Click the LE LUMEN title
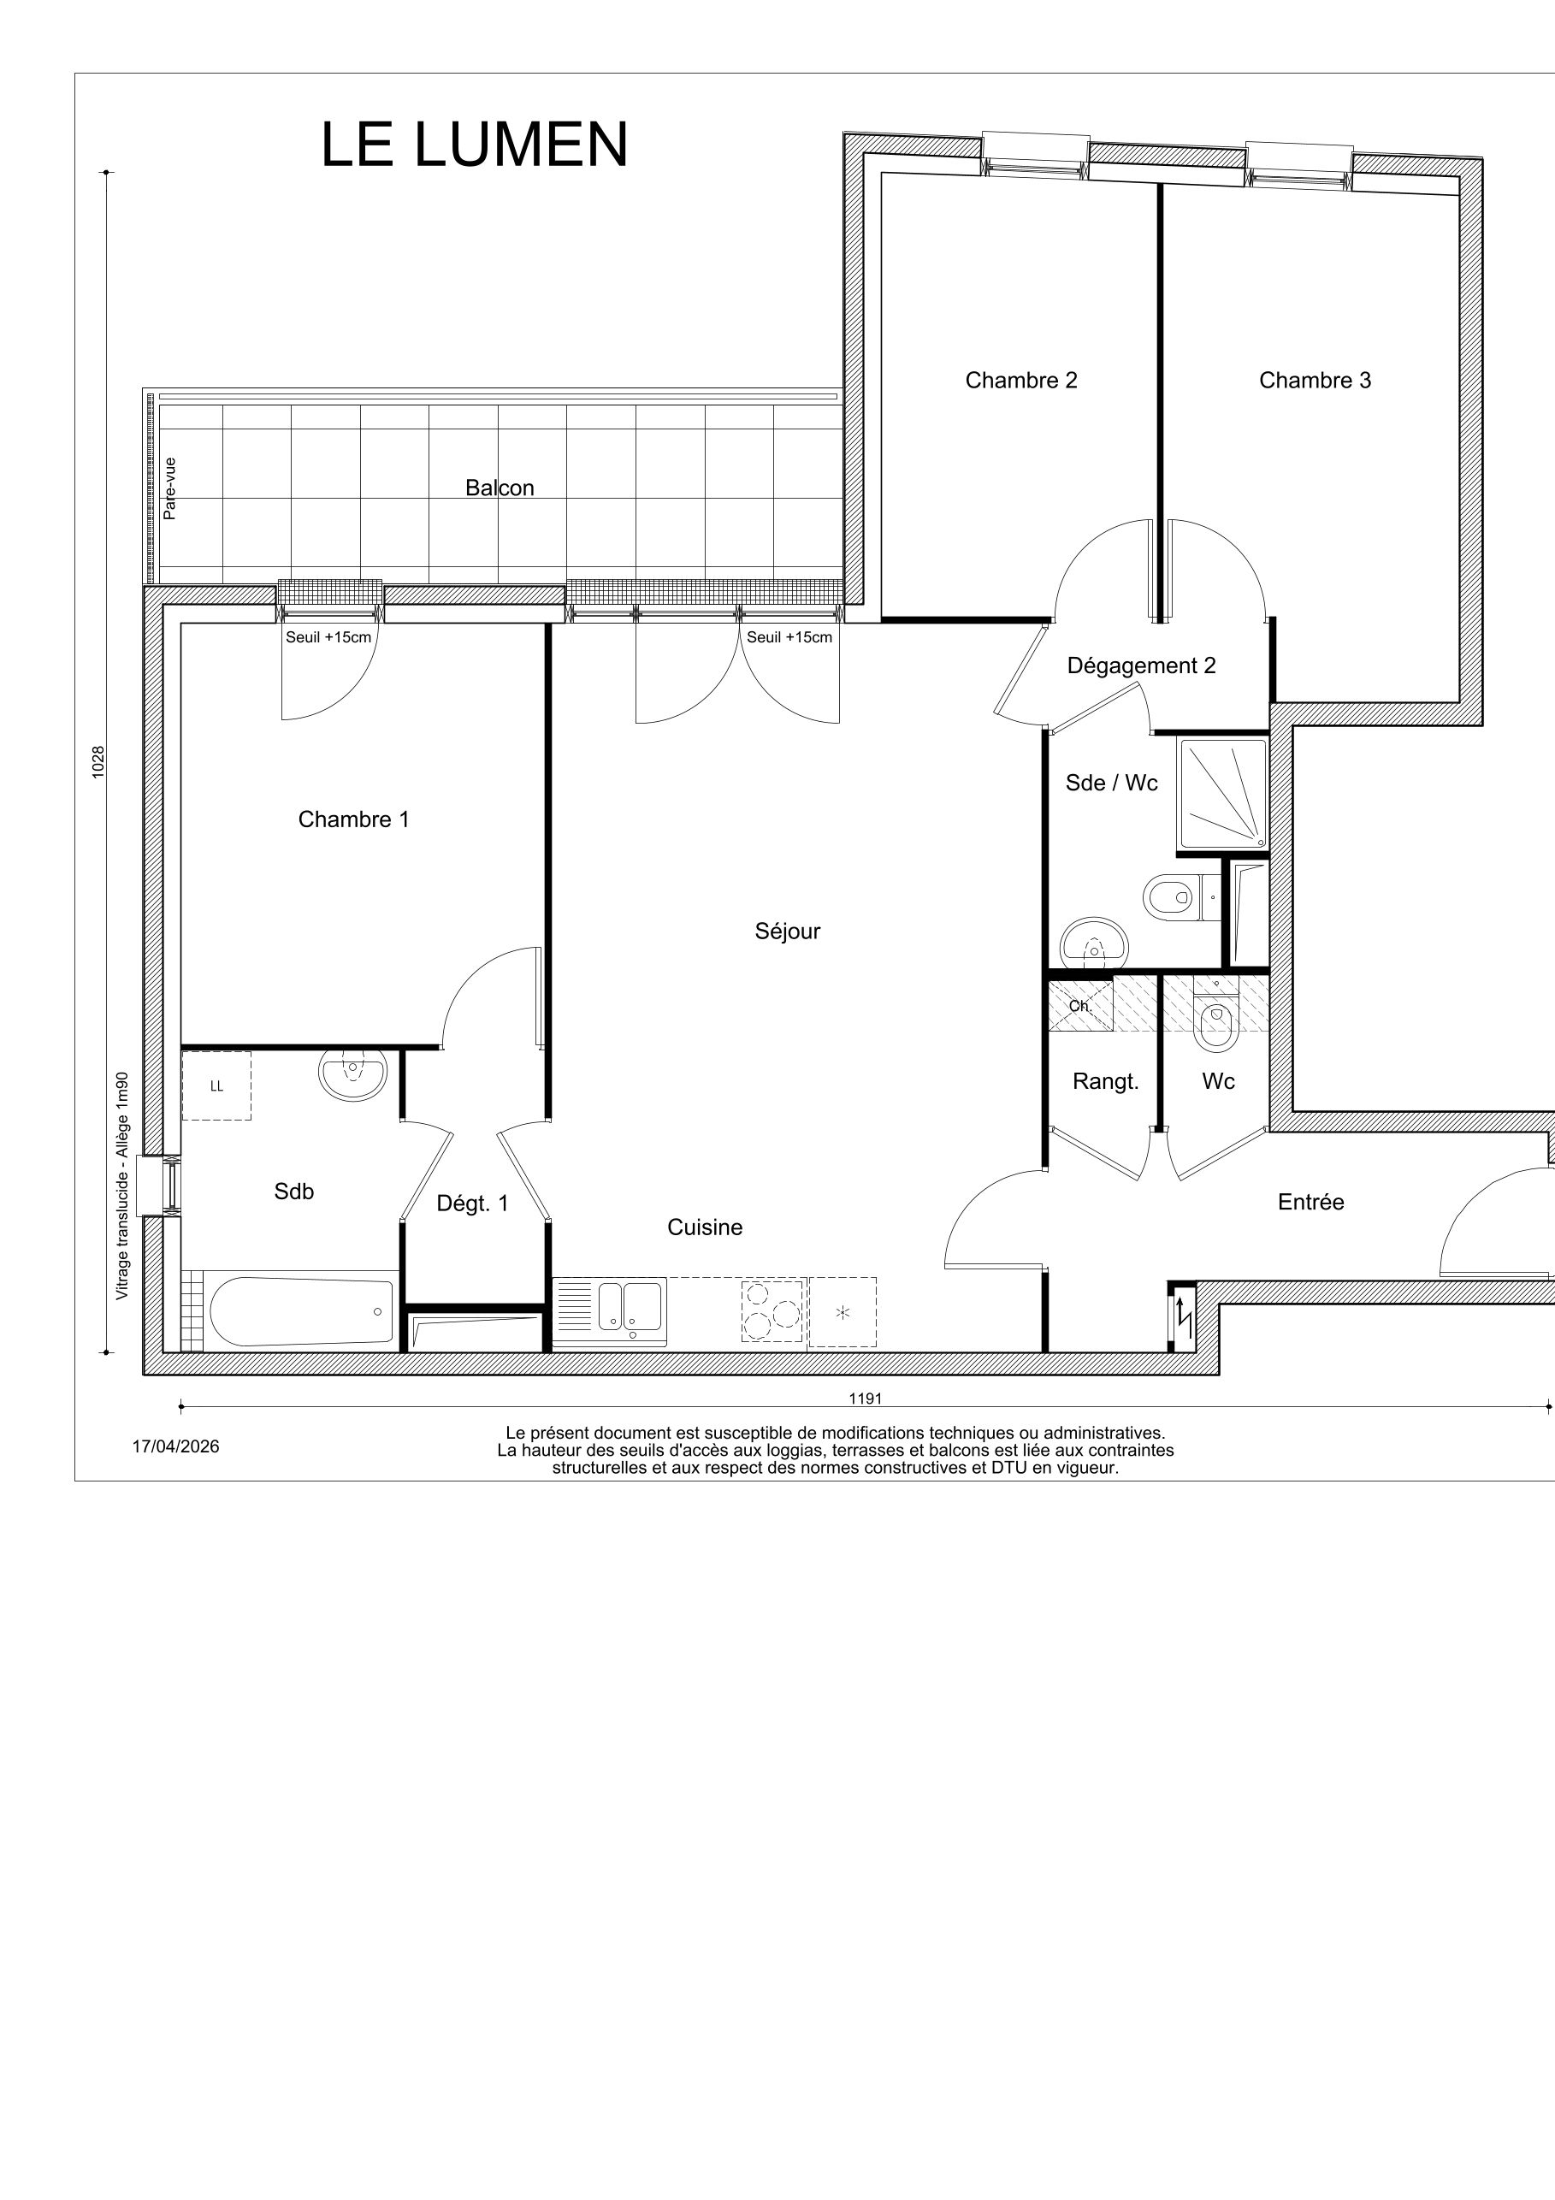click(x=474, y=145)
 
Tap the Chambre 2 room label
click(x=1021, y=381)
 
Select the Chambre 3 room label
click(x=1315, y=381)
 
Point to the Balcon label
click(x=500, y=488)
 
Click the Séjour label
click(x=788, y=931)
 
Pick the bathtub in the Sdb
click(x=302, y=1310)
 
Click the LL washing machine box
click(x=216, y=1085)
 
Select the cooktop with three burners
click(x=772, y=1310)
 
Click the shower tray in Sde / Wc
click(x=1222, y=794)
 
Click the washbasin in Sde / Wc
click(x=1095, y=943)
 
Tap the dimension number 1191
click(x=865, y=1399)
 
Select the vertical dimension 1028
click(x=98, y=762)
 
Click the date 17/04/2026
click(x=175, y=1447)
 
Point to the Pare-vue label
click(x=169, y=488)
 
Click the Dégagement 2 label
click(x=1141, y=666)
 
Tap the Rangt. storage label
click(x=1106, y=1082)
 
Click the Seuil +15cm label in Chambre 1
click(x=328, y=637)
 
